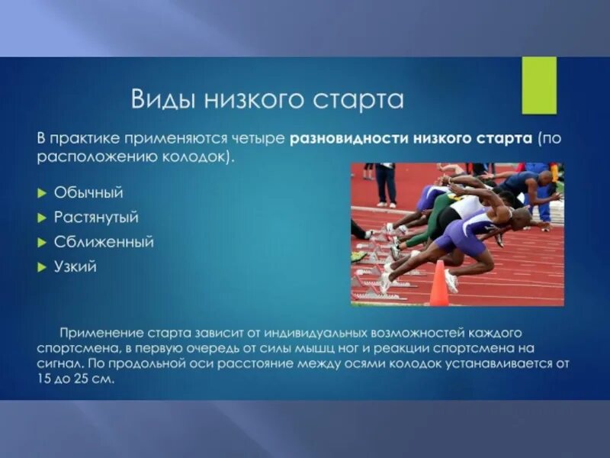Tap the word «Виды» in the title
pos(159,99)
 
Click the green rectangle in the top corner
pos(538,85)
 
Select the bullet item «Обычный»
pos(88,192)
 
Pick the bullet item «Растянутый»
pos(96,218)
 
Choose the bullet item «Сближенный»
pos(104,242)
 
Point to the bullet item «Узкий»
pos(75,267)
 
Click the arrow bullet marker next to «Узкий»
pos(43,267)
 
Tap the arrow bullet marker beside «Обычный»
pos(43,192)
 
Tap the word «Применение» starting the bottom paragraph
pos(98,334)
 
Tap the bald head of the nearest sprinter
pos(520,219)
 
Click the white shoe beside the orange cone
pos(451,280)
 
